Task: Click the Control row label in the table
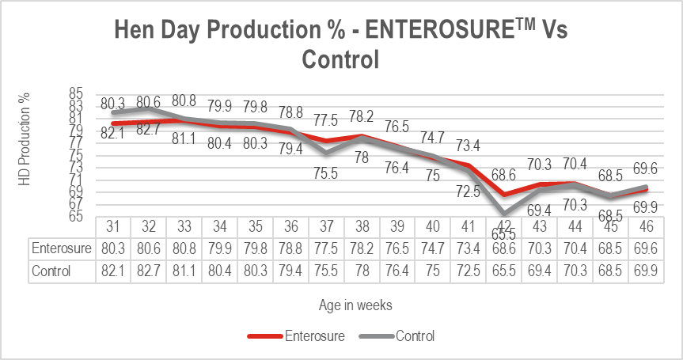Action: pyautogui.click(x=52, y=271)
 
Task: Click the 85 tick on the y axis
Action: pyautogui.click(x=76, y=92)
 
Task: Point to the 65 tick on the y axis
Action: pyautogui.click(x=76, y=215)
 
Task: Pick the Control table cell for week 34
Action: pyautogui.click(x=221, y=271)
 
